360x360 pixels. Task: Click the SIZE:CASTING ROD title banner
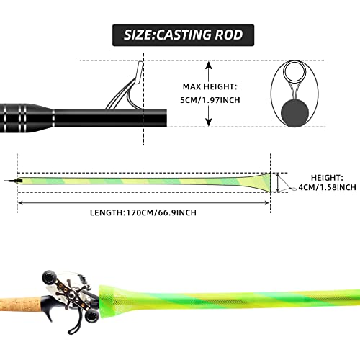click(179, 34)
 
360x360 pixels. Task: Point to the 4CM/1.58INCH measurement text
click(333, 187)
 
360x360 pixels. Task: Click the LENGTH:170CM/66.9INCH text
click(145, 212)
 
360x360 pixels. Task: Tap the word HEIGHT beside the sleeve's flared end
click(328, 176)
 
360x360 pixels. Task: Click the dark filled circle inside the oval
click(294, 112)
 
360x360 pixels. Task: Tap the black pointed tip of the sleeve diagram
click(9, 180)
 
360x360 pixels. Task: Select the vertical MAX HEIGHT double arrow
click(210, 94)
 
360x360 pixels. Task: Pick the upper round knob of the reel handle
click(49, 275)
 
